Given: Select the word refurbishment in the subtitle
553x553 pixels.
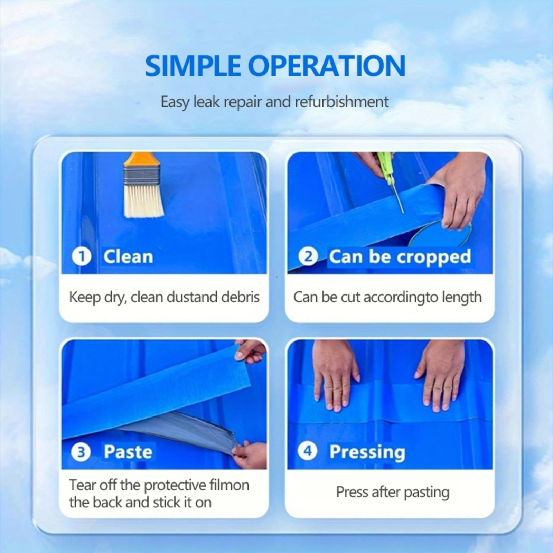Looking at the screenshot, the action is [x=341, y=102].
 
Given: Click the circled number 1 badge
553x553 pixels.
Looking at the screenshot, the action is [x=82, y=256].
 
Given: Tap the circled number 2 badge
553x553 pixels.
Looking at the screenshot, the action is [x=308, y=256].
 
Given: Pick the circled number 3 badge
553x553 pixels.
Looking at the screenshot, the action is [x=81, y=452].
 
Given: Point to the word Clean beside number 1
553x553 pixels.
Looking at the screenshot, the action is [x=128, y=256].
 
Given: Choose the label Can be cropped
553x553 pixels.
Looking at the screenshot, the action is [x=400, y=257].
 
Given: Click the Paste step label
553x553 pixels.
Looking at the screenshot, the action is [x=128, y=452].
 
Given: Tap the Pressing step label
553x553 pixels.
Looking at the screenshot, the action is [x=367, y=452].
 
